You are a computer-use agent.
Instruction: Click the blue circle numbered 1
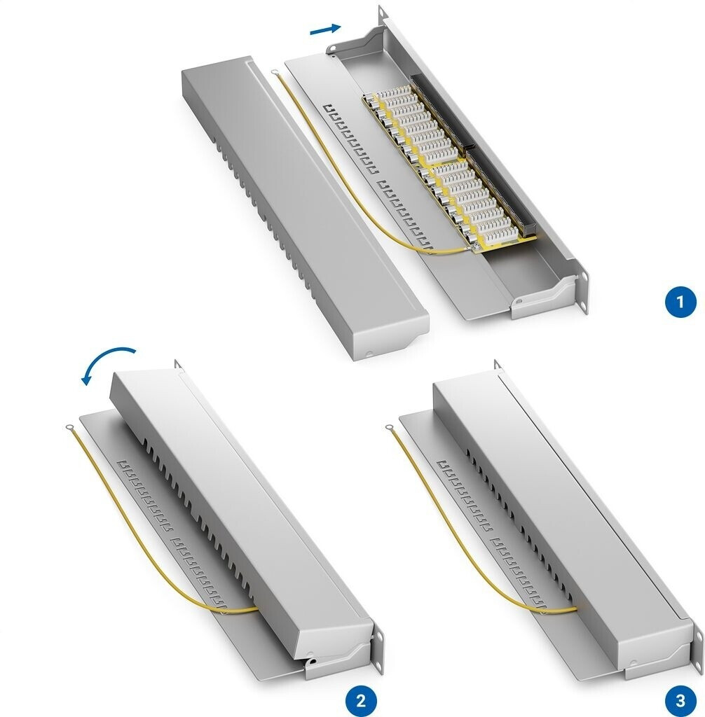click(680, 302)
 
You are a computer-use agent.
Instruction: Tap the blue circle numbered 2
click(360, 700)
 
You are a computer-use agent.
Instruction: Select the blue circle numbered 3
click(680, 700)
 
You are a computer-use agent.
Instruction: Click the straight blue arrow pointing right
click(325, 29)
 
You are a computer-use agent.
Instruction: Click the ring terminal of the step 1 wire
click(275, 72)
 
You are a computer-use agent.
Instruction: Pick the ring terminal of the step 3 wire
click(390, 428)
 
